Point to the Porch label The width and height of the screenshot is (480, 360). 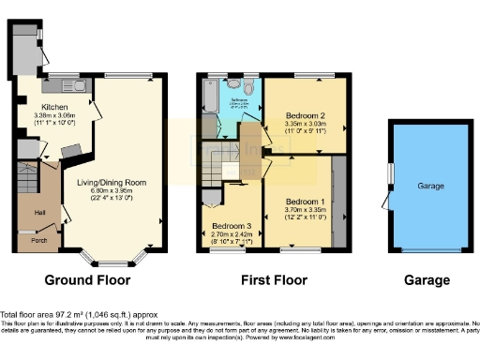39,240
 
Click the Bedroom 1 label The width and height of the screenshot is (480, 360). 306,202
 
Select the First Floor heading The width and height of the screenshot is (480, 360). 271,279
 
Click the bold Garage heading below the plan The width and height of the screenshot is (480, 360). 426,279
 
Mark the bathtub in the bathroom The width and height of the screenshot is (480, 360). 209,96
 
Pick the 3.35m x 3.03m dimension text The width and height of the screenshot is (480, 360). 306,124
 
